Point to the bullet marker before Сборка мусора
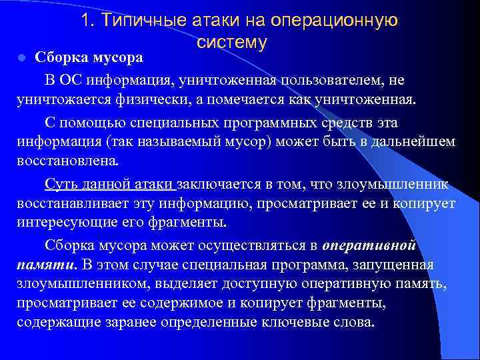point(21,58)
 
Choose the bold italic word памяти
point(45,265)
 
